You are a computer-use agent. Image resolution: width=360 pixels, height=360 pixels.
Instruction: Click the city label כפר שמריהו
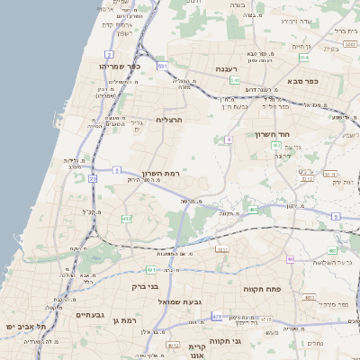[119, 67]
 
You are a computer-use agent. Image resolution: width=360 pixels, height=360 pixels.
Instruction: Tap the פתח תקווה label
[264, 289]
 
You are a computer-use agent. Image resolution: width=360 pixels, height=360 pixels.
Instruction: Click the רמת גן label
[125, 320]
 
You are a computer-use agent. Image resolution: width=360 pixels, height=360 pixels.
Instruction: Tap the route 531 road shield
[162, 67]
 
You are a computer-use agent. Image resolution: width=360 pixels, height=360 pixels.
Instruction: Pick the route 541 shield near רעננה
[234, 80]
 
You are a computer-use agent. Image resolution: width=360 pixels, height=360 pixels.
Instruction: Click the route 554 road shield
[304, 58]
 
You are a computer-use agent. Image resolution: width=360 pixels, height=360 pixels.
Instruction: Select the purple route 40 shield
[290, 259]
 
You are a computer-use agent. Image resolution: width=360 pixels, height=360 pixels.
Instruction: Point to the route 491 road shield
[255, 211]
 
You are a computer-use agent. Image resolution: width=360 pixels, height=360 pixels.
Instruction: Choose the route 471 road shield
[217, 317]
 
